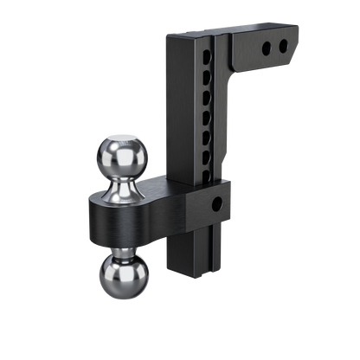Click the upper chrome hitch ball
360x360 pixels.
128,154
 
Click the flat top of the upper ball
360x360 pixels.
128,136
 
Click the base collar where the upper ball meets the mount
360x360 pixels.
128,196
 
